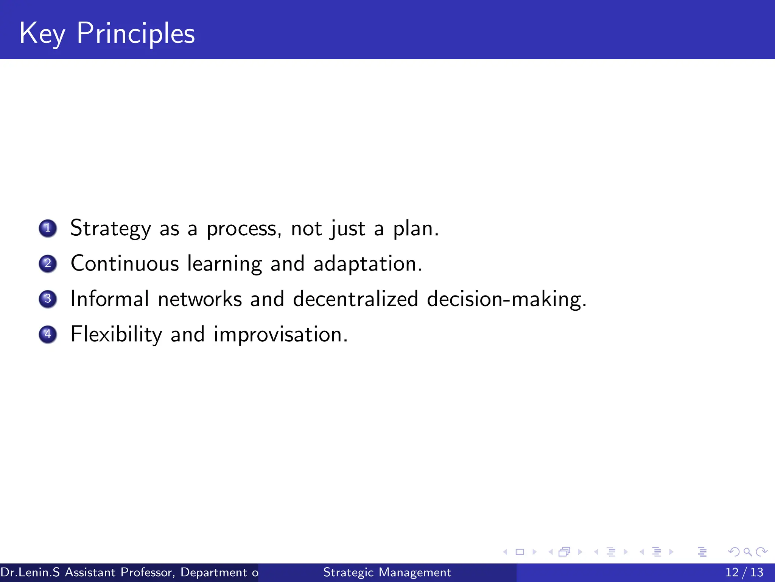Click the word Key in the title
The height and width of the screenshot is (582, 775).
point(42,34)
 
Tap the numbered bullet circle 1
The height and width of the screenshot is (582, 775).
point(48,228)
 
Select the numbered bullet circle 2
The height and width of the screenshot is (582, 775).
point(48,263)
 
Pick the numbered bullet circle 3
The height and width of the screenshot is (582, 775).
point(48,299)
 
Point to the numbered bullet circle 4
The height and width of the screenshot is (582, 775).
point(48,334)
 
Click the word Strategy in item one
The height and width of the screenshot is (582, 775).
point(110,229)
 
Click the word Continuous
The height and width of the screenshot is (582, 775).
point(124,263)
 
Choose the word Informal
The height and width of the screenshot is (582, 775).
point(110,299)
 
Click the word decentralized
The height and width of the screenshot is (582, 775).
point(355,299)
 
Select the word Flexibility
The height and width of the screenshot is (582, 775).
point(116,335)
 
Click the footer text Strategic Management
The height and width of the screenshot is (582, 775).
point(387,572)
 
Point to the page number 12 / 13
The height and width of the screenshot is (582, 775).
point(744,572)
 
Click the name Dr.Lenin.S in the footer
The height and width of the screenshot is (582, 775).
point(30,572)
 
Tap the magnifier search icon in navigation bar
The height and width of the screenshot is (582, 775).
point(747,552)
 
